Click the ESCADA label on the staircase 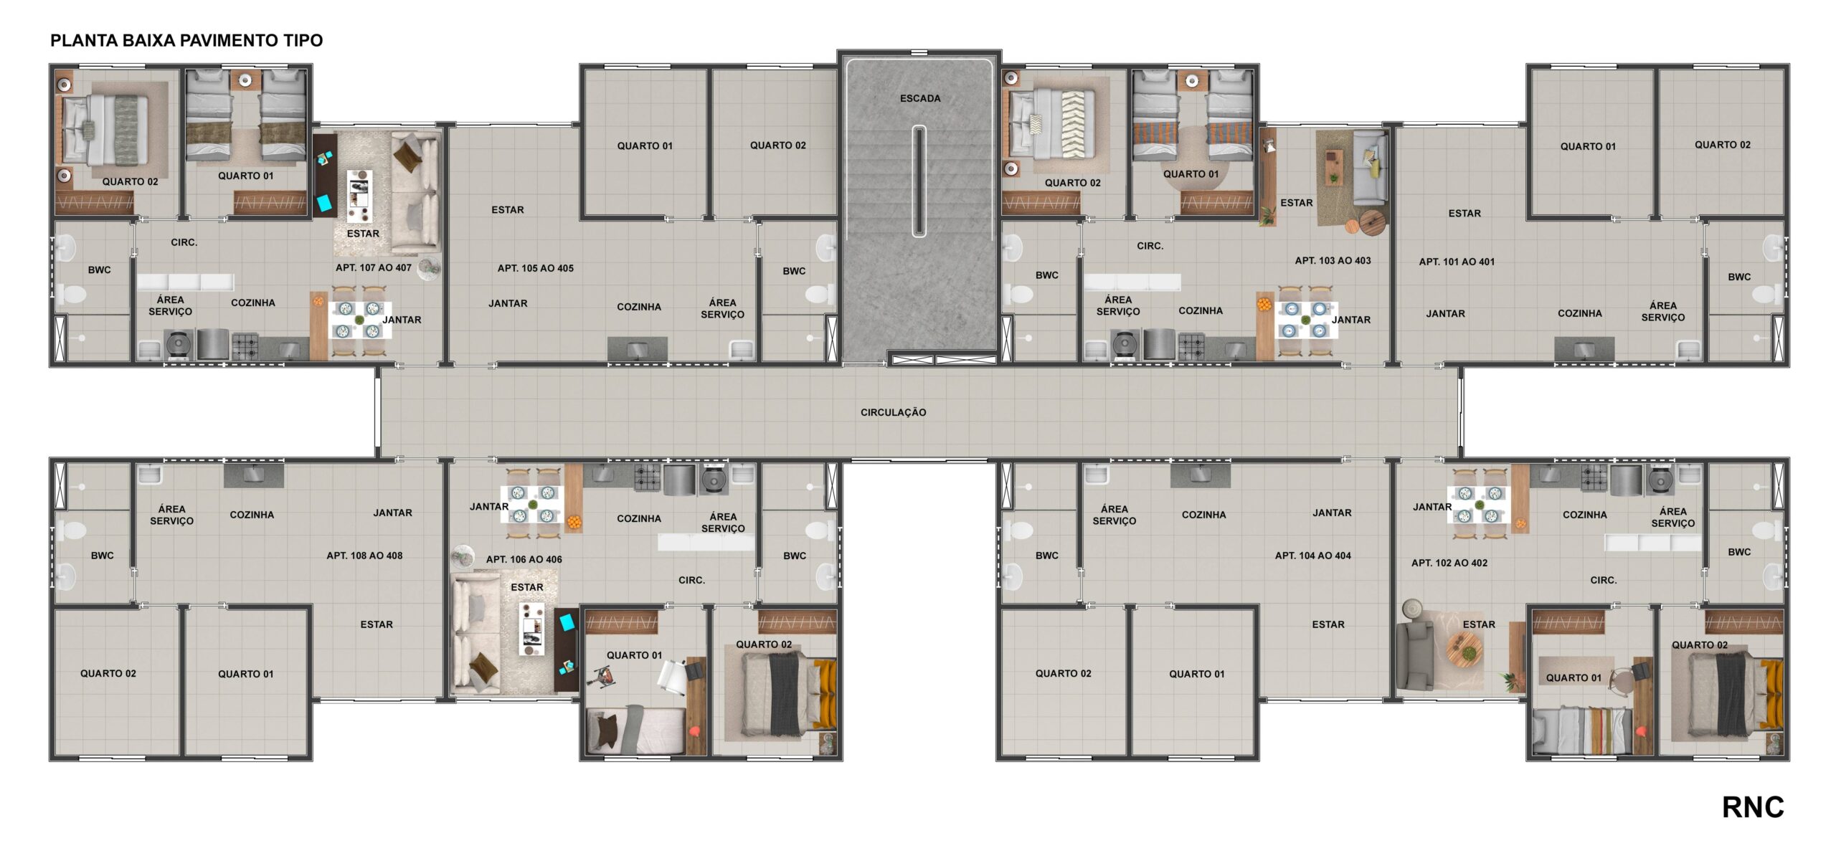pos(920,98)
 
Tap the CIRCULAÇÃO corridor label pos(894,412)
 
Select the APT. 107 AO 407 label pos(374,267)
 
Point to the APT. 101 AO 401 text pos(1457,262)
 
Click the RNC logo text pos(1753,807)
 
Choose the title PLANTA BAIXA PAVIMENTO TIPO pos(186,40)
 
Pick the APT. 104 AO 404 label pos(1312,556)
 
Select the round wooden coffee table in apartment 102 pos(1464,652)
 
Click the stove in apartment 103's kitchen pos(1191,346)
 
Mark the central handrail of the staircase pos(919,181)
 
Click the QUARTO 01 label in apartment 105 pos(645,146)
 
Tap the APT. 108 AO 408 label pos(364,556)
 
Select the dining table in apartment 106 pos(531,504)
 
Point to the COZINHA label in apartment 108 pos(252,515)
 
